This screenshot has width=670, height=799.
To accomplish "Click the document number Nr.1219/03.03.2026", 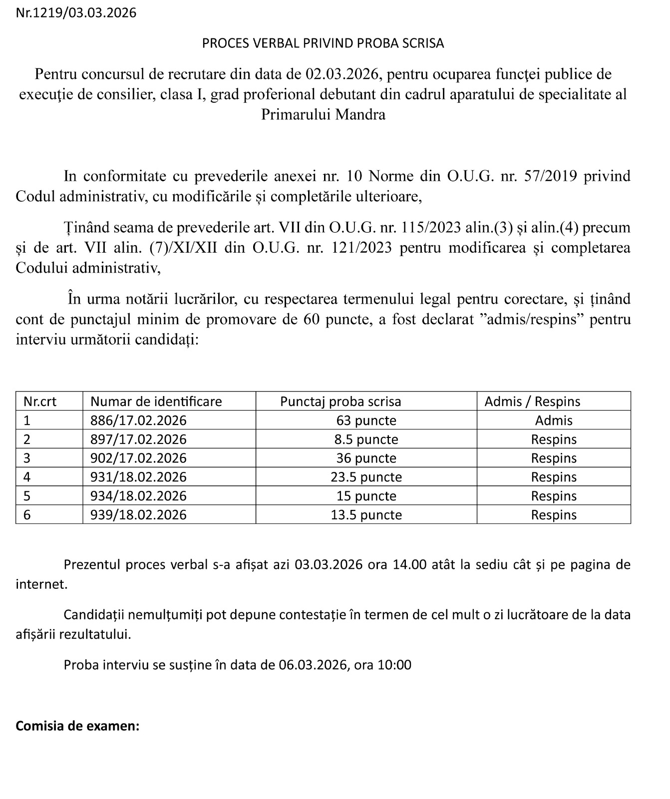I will coord(76,13).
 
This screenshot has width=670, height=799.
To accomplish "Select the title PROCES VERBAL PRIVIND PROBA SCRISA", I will coord(323,43).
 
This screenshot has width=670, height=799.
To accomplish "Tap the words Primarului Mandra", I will coord(323,115).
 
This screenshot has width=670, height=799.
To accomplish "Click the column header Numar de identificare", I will coord(156,401).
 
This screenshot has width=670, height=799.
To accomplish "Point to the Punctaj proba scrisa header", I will coord(340,401).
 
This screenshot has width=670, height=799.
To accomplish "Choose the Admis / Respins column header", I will coord(532,401).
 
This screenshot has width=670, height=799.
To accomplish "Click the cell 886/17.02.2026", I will coord(138,420).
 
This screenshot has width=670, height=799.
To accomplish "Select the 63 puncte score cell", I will coord(366,420).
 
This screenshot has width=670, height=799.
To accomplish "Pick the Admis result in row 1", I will coord(554,420).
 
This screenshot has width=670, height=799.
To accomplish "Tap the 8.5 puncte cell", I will coord(366,439).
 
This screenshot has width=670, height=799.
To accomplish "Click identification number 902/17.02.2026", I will coord(138,458).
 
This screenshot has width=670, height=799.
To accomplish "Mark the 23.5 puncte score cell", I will coord(366,477).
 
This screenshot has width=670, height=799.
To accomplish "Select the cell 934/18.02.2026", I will coord(138,496).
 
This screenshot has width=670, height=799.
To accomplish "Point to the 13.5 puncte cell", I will coord(366,515).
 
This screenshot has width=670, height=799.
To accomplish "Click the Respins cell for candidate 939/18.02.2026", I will coord(554,515).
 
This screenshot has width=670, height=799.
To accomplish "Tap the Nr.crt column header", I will coord(40,401).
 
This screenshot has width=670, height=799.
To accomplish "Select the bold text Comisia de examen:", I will coord(77,726).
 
